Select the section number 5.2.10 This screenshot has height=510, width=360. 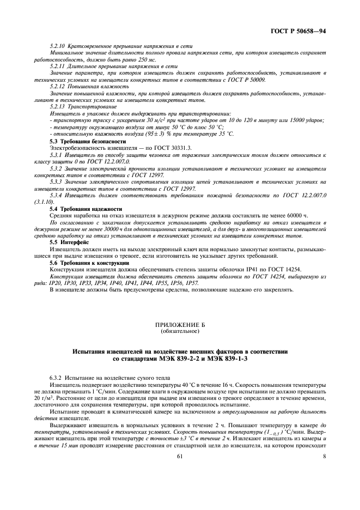[58, 46]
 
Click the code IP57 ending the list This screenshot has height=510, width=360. [192, 283]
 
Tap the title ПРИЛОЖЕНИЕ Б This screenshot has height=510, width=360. [179, 325]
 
